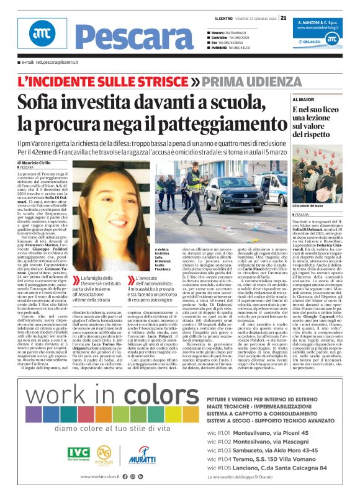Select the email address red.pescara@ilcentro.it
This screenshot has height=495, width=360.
point(49,63)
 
